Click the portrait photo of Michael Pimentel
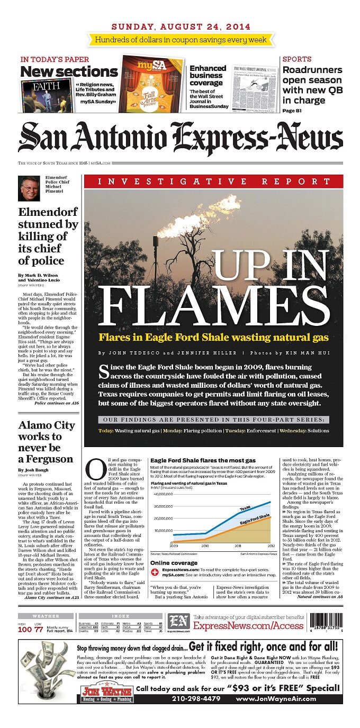30,188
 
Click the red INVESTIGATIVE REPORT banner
213,181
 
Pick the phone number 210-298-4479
196,698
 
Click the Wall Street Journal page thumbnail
255,87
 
